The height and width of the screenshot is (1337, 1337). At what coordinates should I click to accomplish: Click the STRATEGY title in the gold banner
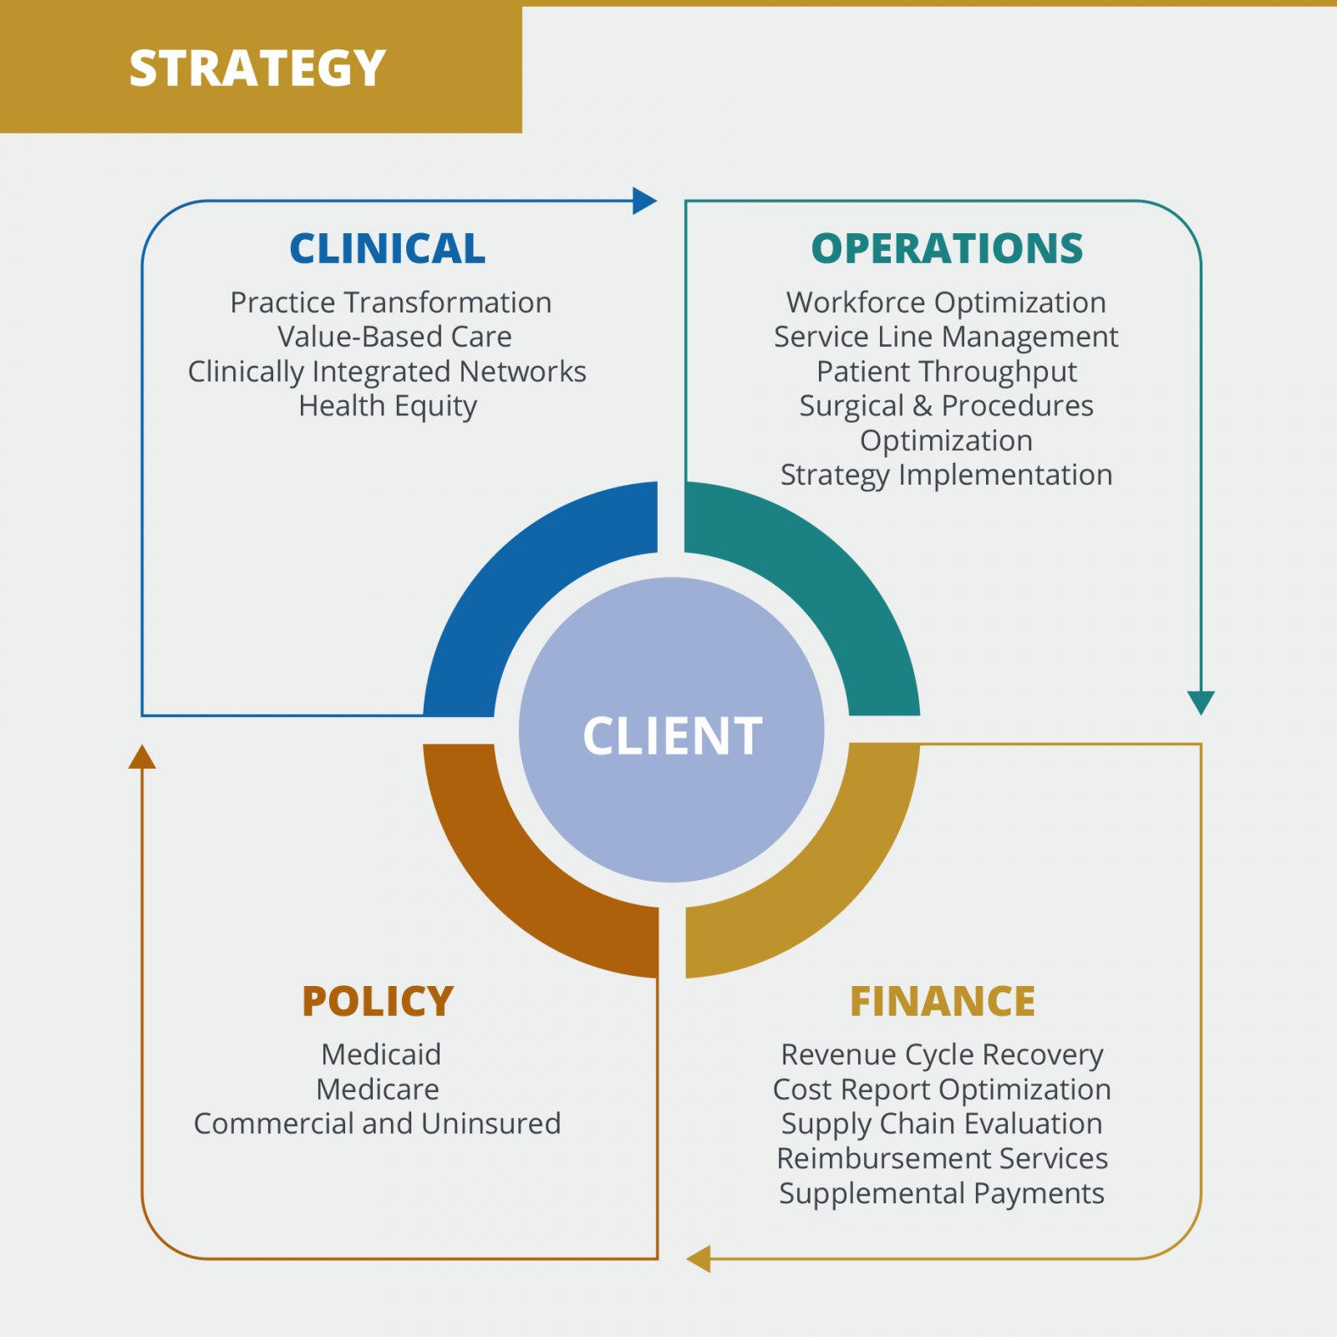tap(257, 69)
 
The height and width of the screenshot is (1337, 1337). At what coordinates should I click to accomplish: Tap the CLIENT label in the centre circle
tap(672, 736)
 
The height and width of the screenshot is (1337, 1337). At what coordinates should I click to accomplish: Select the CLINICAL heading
tap(387, 249)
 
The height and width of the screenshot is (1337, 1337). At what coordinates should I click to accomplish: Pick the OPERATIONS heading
tap(947, 249)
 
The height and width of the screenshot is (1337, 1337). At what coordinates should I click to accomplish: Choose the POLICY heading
tap(378, 1001)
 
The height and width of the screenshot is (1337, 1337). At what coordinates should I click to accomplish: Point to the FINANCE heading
tap(943, 1001)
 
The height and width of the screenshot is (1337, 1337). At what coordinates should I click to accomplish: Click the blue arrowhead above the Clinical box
tap(644, 201)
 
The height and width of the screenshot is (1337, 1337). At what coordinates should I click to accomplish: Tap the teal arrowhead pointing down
tap(1201, 702)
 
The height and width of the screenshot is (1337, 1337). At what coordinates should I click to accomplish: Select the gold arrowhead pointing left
tap(699, 1258)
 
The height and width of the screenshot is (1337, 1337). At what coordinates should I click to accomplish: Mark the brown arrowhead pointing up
tap(142, 757)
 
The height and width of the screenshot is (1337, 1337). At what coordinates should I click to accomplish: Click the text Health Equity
tap(388, 406)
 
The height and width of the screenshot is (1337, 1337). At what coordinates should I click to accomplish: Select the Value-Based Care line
tap(394, 337)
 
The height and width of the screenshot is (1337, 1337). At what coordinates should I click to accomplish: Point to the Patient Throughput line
tap(947, 371)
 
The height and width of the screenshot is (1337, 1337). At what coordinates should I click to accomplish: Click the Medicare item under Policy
tap(378, 1090)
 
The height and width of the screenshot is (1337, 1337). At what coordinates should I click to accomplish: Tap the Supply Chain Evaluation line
tap(942, 1124)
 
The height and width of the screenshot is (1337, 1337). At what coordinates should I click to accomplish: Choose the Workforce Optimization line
tap(946, 302)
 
